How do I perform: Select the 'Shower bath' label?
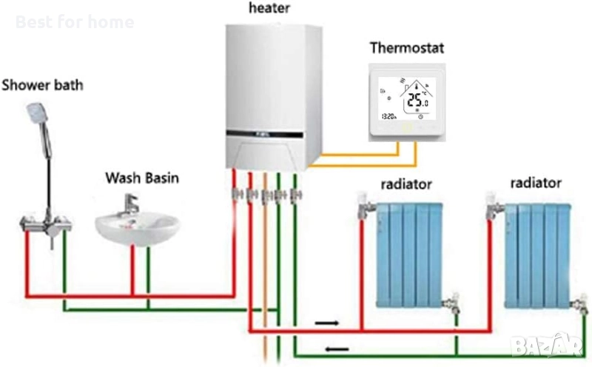click(42, 84)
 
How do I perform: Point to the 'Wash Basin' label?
click(142, 178)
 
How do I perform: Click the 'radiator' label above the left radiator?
click(406, 183)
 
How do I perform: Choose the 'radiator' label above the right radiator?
click(536, 182)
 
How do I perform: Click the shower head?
click(36, 112)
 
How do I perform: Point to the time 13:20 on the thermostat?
click(388, 116)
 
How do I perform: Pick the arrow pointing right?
click(326, 323)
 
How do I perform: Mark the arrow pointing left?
click(337, 349)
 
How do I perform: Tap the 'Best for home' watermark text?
click(75, 21)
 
